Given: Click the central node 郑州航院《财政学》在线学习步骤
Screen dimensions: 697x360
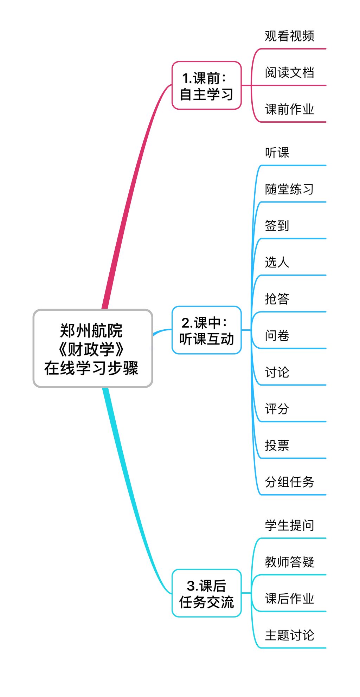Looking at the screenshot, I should (93, 349).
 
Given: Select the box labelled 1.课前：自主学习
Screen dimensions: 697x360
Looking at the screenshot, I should (206, 86).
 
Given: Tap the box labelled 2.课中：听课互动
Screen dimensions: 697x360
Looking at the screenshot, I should (206, 330).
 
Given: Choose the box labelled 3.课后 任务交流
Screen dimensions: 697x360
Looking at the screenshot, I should (206, 593).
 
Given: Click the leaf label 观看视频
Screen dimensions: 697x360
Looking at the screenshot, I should (289, 36).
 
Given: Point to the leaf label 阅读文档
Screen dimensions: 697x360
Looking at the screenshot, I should (289, 73).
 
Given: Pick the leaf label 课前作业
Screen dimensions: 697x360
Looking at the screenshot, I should (289, 109).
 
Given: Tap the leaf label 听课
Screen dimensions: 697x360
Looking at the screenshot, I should (277, 153).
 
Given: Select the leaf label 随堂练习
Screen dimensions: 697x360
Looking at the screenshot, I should (289, 189).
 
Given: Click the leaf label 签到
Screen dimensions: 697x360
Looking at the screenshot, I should (277, 226).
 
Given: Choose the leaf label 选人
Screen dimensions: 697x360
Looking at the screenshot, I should (277, 262).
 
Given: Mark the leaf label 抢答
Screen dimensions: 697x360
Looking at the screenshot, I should (277, 299).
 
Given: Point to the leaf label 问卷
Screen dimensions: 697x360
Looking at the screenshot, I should (277, 336).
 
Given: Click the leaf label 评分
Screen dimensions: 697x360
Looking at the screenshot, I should (277, 409).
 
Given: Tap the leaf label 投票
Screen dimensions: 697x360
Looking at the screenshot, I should (277, 445).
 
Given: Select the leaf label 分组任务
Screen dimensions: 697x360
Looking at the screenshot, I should (289, 482).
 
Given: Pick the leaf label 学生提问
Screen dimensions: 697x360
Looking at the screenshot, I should (289, 525).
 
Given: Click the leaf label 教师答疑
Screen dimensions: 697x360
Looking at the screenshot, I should (289, 562).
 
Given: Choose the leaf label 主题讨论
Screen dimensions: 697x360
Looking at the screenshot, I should (289, 635).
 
